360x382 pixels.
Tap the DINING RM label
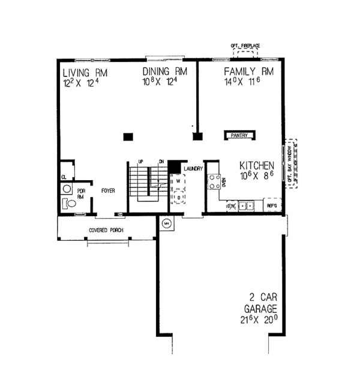click(x=165, y=71)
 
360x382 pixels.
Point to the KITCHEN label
click(x=257, y=165)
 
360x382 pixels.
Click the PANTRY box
click(x=238, y=136)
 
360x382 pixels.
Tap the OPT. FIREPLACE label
click(x=246, y=46)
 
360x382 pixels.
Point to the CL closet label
click(x=64, y=177)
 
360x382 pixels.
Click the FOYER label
click(x=107, y=191)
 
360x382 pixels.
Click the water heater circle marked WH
click(x=167, y=225)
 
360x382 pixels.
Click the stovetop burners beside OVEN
click(x=213, y=181)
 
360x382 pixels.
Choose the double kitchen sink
click(x=246, y=207)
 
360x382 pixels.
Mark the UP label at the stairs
click(x=140, y=161)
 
